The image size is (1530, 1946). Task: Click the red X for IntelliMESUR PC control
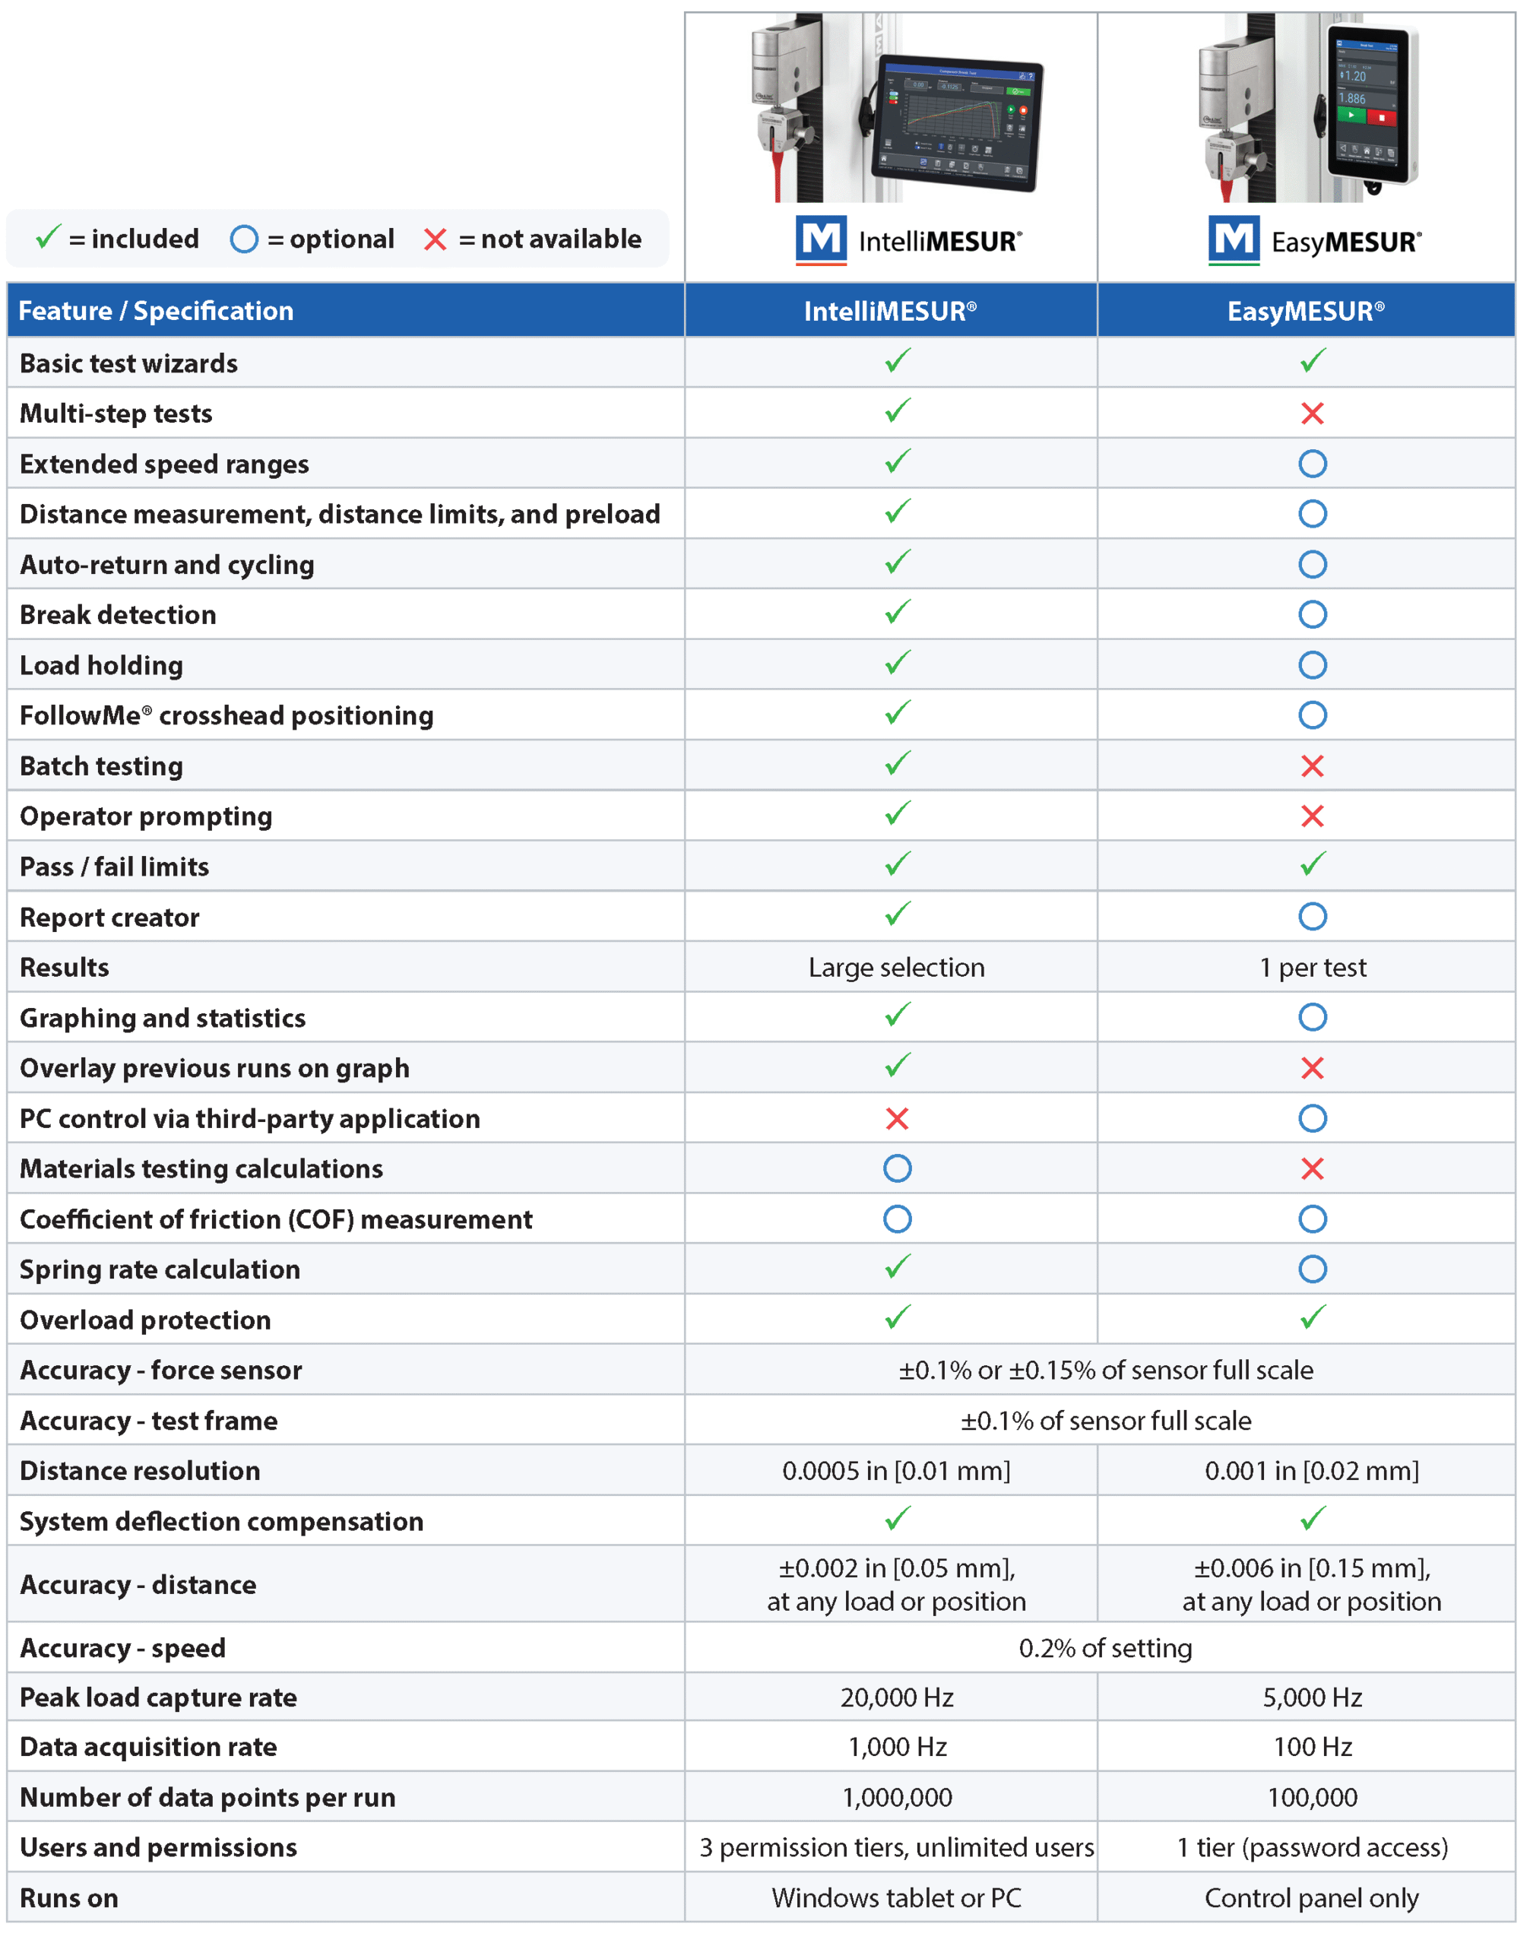click(897, 1118)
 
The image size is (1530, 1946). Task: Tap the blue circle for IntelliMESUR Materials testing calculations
click(897, 1168)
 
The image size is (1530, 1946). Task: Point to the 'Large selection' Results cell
click(896, 968)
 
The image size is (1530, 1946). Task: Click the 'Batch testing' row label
click(101, 766)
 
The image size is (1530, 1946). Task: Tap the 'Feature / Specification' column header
click(156, 311)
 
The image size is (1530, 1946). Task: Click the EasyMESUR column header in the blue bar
click(1305, 311)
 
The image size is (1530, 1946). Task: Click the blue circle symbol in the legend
click(244, 239)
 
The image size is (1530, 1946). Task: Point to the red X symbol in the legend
click(436, 239)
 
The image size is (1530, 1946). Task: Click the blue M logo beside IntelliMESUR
click(821, 239)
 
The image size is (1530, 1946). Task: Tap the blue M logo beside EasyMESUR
click(1234, 239)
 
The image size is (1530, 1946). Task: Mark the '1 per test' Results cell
click(1313, 968)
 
